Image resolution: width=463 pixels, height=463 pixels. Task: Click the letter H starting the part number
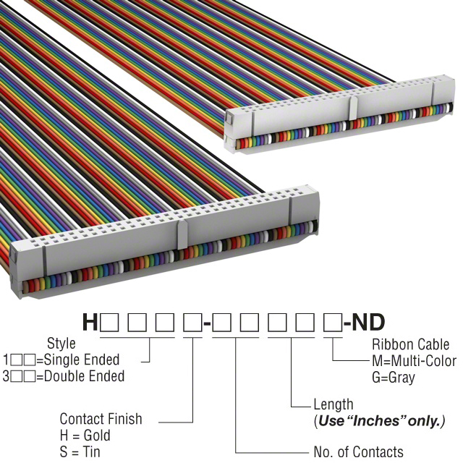click(x=90, y=323)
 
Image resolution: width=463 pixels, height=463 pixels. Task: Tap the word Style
click(x=61, y=343)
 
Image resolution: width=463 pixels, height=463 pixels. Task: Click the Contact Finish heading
click(x=101, y=419)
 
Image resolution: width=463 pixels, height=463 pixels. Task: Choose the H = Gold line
click(x=85, y=436)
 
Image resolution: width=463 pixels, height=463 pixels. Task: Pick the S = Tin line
click(x=80, y=452)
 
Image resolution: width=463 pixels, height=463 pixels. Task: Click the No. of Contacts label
click(x=358, y=452)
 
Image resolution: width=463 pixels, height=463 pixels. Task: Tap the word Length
click(x=334, y=404)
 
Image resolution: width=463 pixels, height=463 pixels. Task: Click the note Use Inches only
click(x=379, y=420)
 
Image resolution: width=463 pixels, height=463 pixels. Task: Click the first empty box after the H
click(x=110, y=323)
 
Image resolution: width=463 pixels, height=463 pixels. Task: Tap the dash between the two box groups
click(x=208, y=323)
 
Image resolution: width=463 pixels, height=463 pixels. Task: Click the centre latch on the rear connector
click(x=352, y=107)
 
